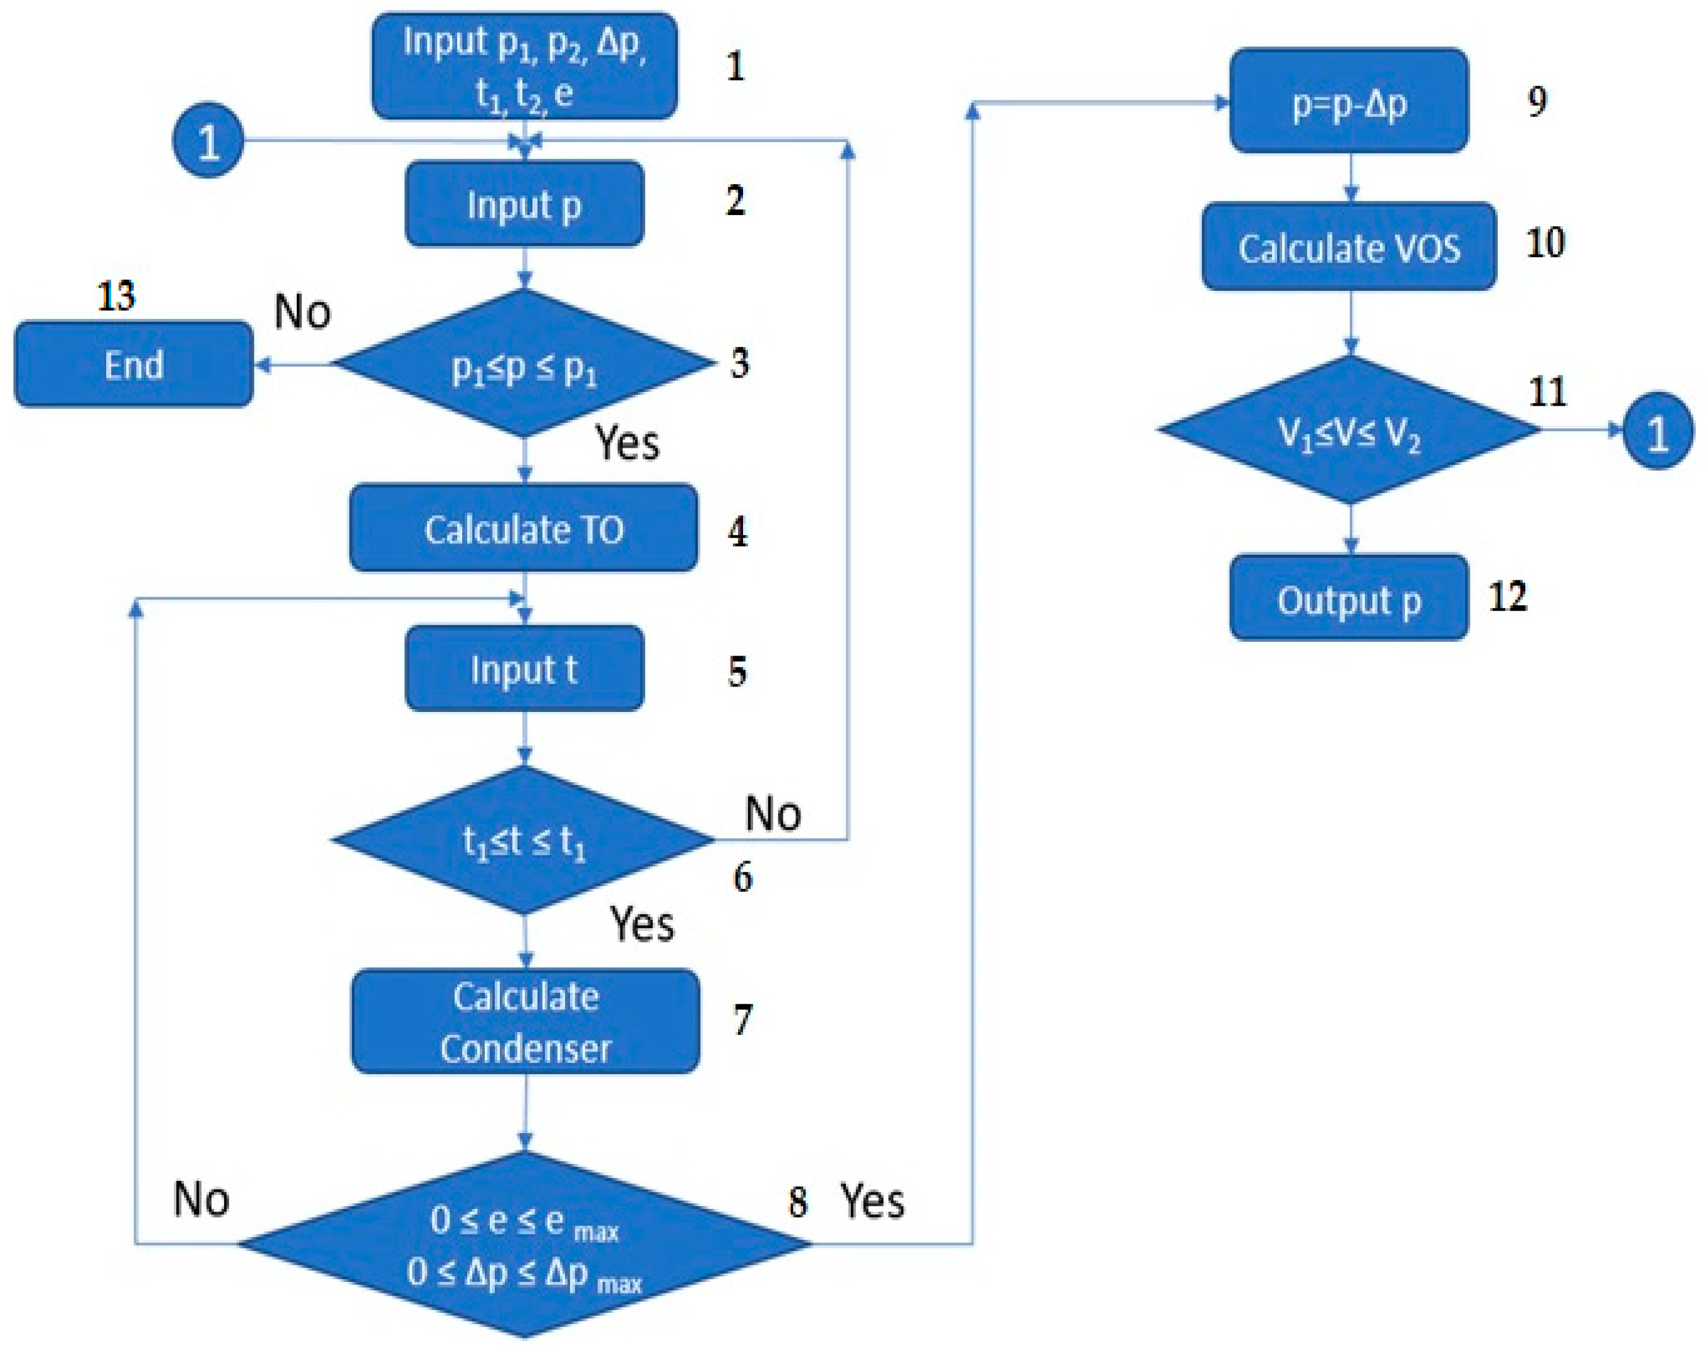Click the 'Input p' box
click(x=524, y=204)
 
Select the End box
click(x=134, y=364)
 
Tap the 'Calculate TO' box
click(x=524, y=528)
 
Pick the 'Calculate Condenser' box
click(x=525, y=1022)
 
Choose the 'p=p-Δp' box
click(x=1348, y=101)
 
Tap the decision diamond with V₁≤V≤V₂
click(x=1349, y=430)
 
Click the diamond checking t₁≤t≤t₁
click(x=524, y=840)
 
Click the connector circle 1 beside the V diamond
click(x=1657, y=431)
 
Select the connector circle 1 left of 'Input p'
click(x=208, y=141)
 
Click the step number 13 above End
click(x=116, y=296)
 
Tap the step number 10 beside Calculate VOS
click(x=1545, y=242)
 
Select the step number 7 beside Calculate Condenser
click(x=742, y=1020)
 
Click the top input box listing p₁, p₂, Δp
click(x=524, y=66)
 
